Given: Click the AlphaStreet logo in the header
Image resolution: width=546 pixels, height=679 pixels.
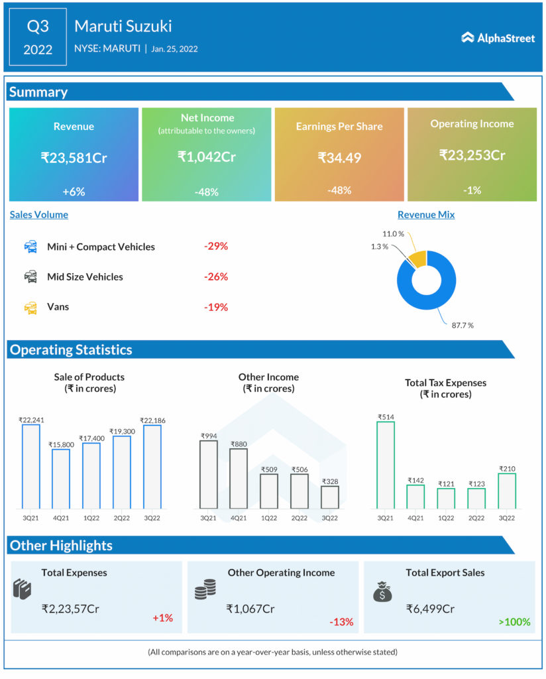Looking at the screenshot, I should pos(498,38).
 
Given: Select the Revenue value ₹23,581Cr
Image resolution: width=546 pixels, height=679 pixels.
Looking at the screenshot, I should pos(74,158).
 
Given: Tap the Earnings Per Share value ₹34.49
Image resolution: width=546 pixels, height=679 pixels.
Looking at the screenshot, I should pos(339,158).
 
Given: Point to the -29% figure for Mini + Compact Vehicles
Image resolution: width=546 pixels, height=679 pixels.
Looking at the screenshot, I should pos(216,246).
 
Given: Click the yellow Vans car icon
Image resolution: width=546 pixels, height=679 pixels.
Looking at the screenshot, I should pos(30,307).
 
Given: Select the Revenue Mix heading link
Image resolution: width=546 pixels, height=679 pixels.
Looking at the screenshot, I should pos(426,215).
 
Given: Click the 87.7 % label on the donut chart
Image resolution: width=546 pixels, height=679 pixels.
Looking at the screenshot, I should pos(463,326).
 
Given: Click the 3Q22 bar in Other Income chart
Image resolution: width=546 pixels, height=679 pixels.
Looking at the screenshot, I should pos(329,497).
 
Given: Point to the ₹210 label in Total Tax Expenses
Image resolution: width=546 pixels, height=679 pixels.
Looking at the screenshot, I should pos(507,468).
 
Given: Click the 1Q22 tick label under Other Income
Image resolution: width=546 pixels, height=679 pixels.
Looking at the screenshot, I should pos(268,517).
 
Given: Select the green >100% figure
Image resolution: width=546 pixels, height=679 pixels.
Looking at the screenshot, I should pos(514,622).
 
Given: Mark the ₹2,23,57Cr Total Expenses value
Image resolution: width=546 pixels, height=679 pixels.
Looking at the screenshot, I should pos(74,609).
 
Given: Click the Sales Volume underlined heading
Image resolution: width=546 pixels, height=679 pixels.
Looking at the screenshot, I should pos(38,215).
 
